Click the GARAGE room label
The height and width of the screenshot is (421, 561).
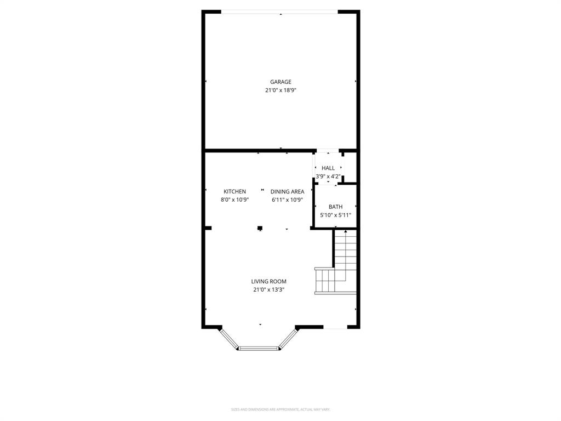(280, 82)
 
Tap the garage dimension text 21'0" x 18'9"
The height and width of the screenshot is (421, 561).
(280, 90)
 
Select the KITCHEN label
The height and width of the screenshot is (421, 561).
(234, 191)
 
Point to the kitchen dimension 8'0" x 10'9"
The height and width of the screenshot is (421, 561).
(234, 200)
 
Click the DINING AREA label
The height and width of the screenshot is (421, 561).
(287, 191)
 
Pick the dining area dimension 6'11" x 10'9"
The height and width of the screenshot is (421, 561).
(287, 200)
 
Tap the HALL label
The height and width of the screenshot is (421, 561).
(328, 168)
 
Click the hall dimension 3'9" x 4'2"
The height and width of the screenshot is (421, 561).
(328, 177)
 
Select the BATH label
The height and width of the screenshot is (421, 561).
(335, 207)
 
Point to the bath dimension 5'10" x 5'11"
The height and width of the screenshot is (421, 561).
(335, 215)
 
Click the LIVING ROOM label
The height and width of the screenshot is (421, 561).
(268, 281)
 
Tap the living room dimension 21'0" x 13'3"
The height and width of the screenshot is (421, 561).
(268, 289)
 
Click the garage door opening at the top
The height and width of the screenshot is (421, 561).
(280, 12)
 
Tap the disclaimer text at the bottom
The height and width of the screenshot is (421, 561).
(280, 409)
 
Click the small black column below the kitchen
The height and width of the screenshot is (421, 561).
(260, 228)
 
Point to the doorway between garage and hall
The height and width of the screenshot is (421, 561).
(328, 150)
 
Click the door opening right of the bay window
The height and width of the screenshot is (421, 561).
(335, 328)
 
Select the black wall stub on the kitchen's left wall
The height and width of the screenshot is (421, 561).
(208, 227)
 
